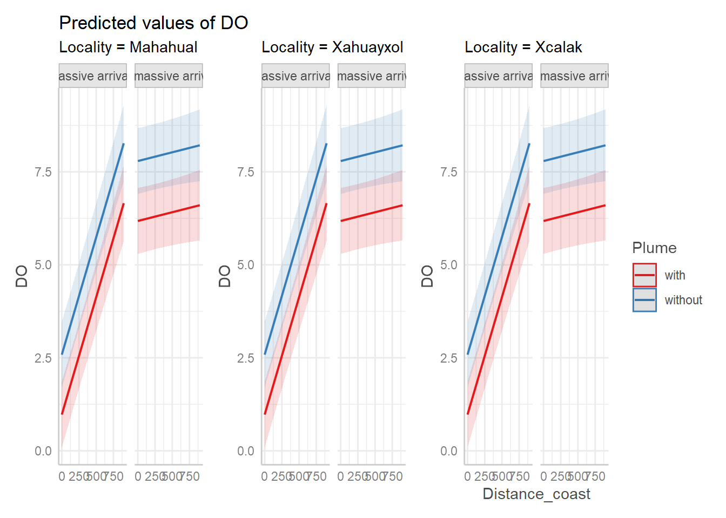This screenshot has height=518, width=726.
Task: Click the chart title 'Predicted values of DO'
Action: [153, 23]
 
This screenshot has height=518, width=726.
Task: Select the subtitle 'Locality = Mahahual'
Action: [128, 47]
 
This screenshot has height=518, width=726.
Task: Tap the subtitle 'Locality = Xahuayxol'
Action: [332, 47]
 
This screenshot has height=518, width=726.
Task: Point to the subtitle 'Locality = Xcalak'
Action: [523, 47]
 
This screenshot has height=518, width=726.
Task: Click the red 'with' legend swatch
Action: [644, 275]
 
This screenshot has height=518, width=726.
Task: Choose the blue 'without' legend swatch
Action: [644, 300]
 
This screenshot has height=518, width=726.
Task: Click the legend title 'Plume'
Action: [654, 248]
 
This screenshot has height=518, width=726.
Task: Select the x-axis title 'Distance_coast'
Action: [536, 494]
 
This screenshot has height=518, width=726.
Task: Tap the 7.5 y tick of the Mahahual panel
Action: [43, 172]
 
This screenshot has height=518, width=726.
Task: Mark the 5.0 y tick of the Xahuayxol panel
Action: [246, 265]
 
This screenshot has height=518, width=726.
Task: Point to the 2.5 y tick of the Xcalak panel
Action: [448, 358]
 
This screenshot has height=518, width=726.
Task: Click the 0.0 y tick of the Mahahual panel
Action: [43, 451]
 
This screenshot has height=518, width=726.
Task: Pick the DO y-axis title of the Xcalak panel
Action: [427, 276]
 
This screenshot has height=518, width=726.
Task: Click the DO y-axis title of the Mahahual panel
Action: [22, 276]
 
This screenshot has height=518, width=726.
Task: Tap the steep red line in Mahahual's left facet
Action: [93, 309]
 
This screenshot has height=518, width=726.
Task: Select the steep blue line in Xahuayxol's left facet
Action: [295, 249]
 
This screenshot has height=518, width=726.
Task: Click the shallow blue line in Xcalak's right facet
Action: [574, 153]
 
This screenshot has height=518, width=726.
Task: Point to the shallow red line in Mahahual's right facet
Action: [169, 213]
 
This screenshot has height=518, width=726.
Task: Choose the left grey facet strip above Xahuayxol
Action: [295, 76]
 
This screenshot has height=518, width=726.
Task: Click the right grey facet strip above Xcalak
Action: [574, 76]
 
